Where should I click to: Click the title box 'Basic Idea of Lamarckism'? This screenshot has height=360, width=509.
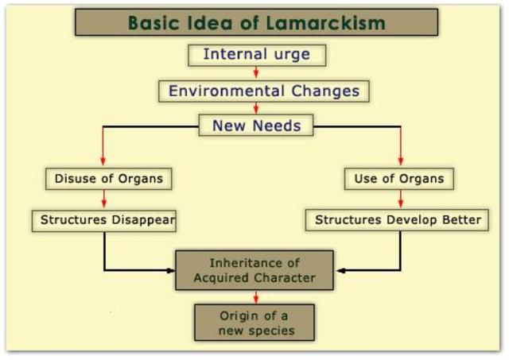(x=256, y=22)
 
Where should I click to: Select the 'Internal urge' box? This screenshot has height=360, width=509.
(x=255, y=55)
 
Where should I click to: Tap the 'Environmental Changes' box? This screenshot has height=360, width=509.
(x=264, y=91)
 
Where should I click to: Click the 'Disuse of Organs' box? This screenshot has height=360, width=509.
(x=109, y=179)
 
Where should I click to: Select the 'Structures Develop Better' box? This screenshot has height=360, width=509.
(x=398, y=219)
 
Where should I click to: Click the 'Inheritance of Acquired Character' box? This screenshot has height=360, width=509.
(x=254, y=270)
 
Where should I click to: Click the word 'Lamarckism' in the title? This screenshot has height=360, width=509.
(x=335, y=22)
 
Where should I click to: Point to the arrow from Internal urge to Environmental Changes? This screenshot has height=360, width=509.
(x=255, y=72)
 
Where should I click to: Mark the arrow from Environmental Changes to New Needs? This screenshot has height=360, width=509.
(x=255, y=107)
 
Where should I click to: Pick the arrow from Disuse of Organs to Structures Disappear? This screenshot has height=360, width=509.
(x=103, y=199)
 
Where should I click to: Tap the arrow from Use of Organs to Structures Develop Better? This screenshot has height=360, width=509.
(x=400, y=199)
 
